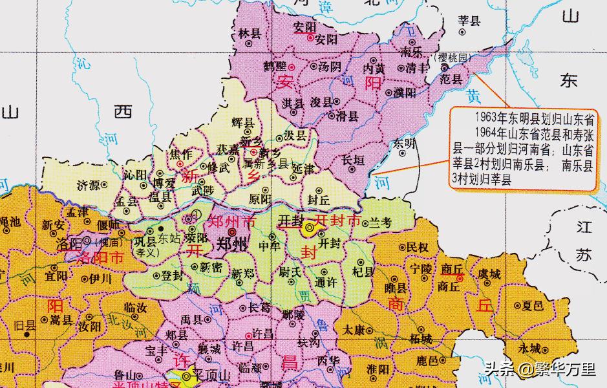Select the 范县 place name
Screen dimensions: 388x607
pyautogui.click(x=451, y=80)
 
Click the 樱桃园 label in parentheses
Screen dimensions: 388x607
pyautogui.click(x=452, y=58)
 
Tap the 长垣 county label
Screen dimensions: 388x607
pyautogui.click(x=353, y=158)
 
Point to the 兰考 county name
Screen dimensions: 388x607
pyautogui.click(x=381, y=223)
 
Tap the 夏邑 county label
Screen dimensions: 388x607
pyautogui.click(x=533, y=305)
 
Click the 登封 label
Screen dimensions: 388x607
pyautogui.click(x=173, y=274)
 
